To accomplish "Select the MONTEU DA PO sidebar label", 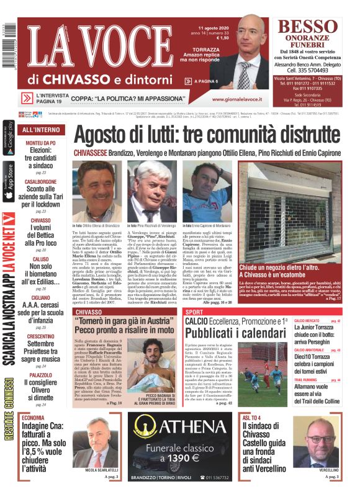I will point(41,143).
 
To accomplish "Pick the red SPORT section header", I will point(194,312).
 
